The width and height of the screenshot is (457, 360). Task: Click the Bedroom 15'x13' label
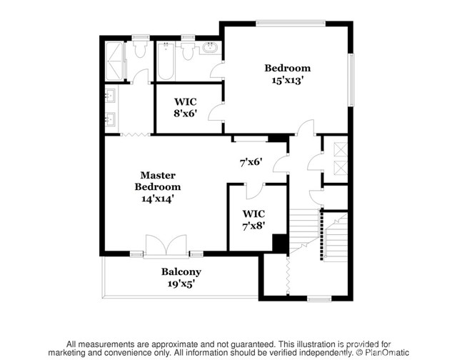pyautogui.click(x=288, y=74)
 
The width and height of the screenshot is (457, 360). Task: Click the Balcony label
pyautogui.click(x=181, y=277)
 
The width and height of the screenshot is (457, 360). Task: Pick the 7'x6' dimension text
pyautogui.click(x=251, y=162)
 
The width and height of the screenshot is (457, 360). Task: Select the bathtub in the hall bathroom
pyautogui.click(x=165, y=62)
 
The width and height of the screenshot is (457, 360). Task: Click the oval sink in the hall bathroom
pyautogui.click(x=210, y=50)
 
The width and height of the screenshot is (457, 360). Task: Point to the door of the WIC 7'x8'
pyautogui.click(x=254, y=190)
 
